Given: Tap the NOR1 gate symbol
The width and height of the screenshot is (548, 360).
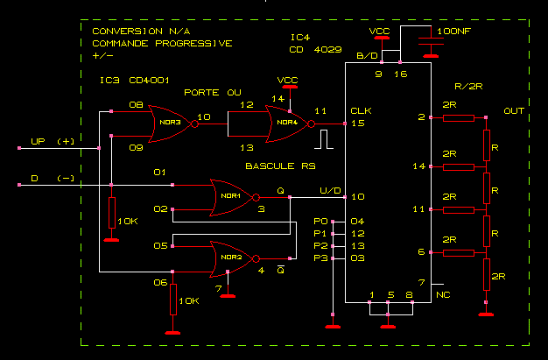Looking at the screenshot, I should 232,196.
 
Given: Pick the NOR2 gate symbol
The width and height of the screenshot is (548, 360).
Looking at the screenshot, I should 232,258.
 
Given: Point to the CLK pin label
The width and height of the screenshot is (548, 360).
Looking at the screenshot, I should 361,110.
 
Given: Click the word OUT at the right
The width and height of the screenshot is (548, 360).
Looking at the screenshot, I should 514,111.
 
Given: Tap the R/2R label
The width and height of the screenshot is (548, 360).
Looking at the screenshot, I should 470,87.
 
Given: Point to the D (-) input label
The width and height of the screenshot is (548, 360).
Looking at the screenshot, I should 53,178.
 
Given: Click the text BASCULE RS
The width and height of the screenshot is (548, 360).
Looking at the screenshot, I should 279,165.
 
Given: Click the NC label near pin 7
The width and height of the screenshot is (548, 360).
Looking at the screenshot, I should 444,295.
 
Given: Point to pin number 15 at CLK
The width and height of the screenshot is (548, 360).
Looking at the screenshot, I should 357,124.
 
